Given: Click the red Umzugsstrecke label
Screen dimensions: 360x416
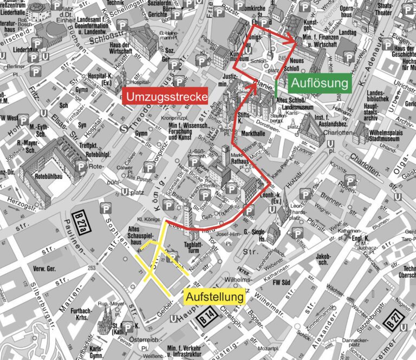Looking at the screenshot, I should coord(166,97).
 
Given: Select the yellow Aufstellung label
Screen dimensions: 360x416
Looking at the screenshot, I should coord(215,297).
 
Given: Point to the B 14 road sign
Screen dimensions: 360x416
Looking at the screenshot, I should coord(207,314).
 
